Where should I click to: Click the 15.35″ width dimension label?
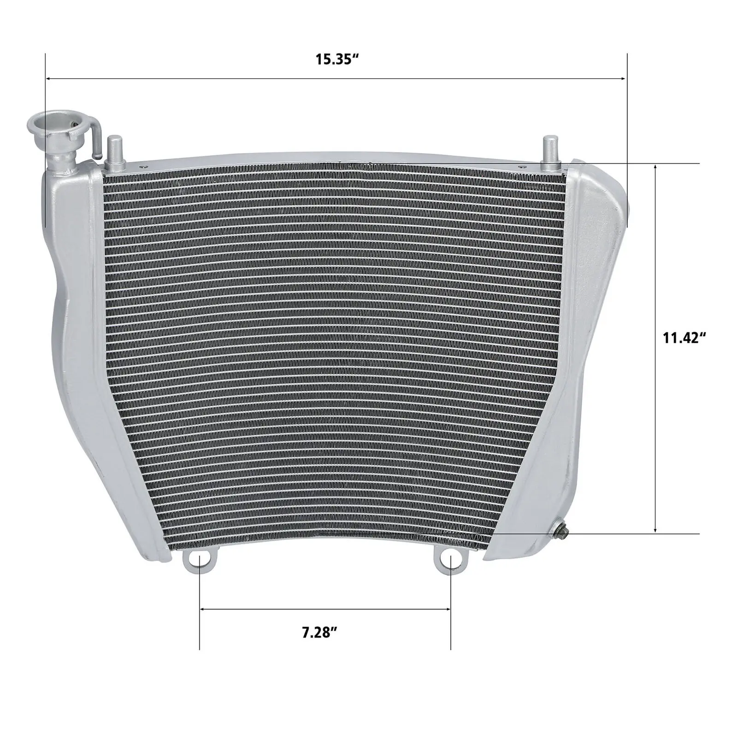pyautogui.click(x=337, y=60)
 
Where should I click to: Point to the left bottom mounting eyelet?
pyautogui.click(x=199, y=561)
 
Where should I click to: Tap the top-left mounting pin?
pyautogui.click(x=114, y=152)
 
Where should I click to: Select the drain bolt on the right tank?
pyautogui.click(x=562, y=536)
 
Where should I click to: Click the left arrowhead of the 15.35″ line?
pyautogui.click(x=48, y=79)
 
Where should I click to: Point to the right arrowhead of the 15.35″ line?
pyautogui.click(x=624, y=79)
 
